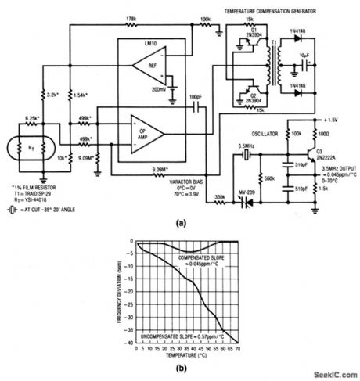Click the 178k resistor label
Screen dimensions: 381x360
134,17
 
